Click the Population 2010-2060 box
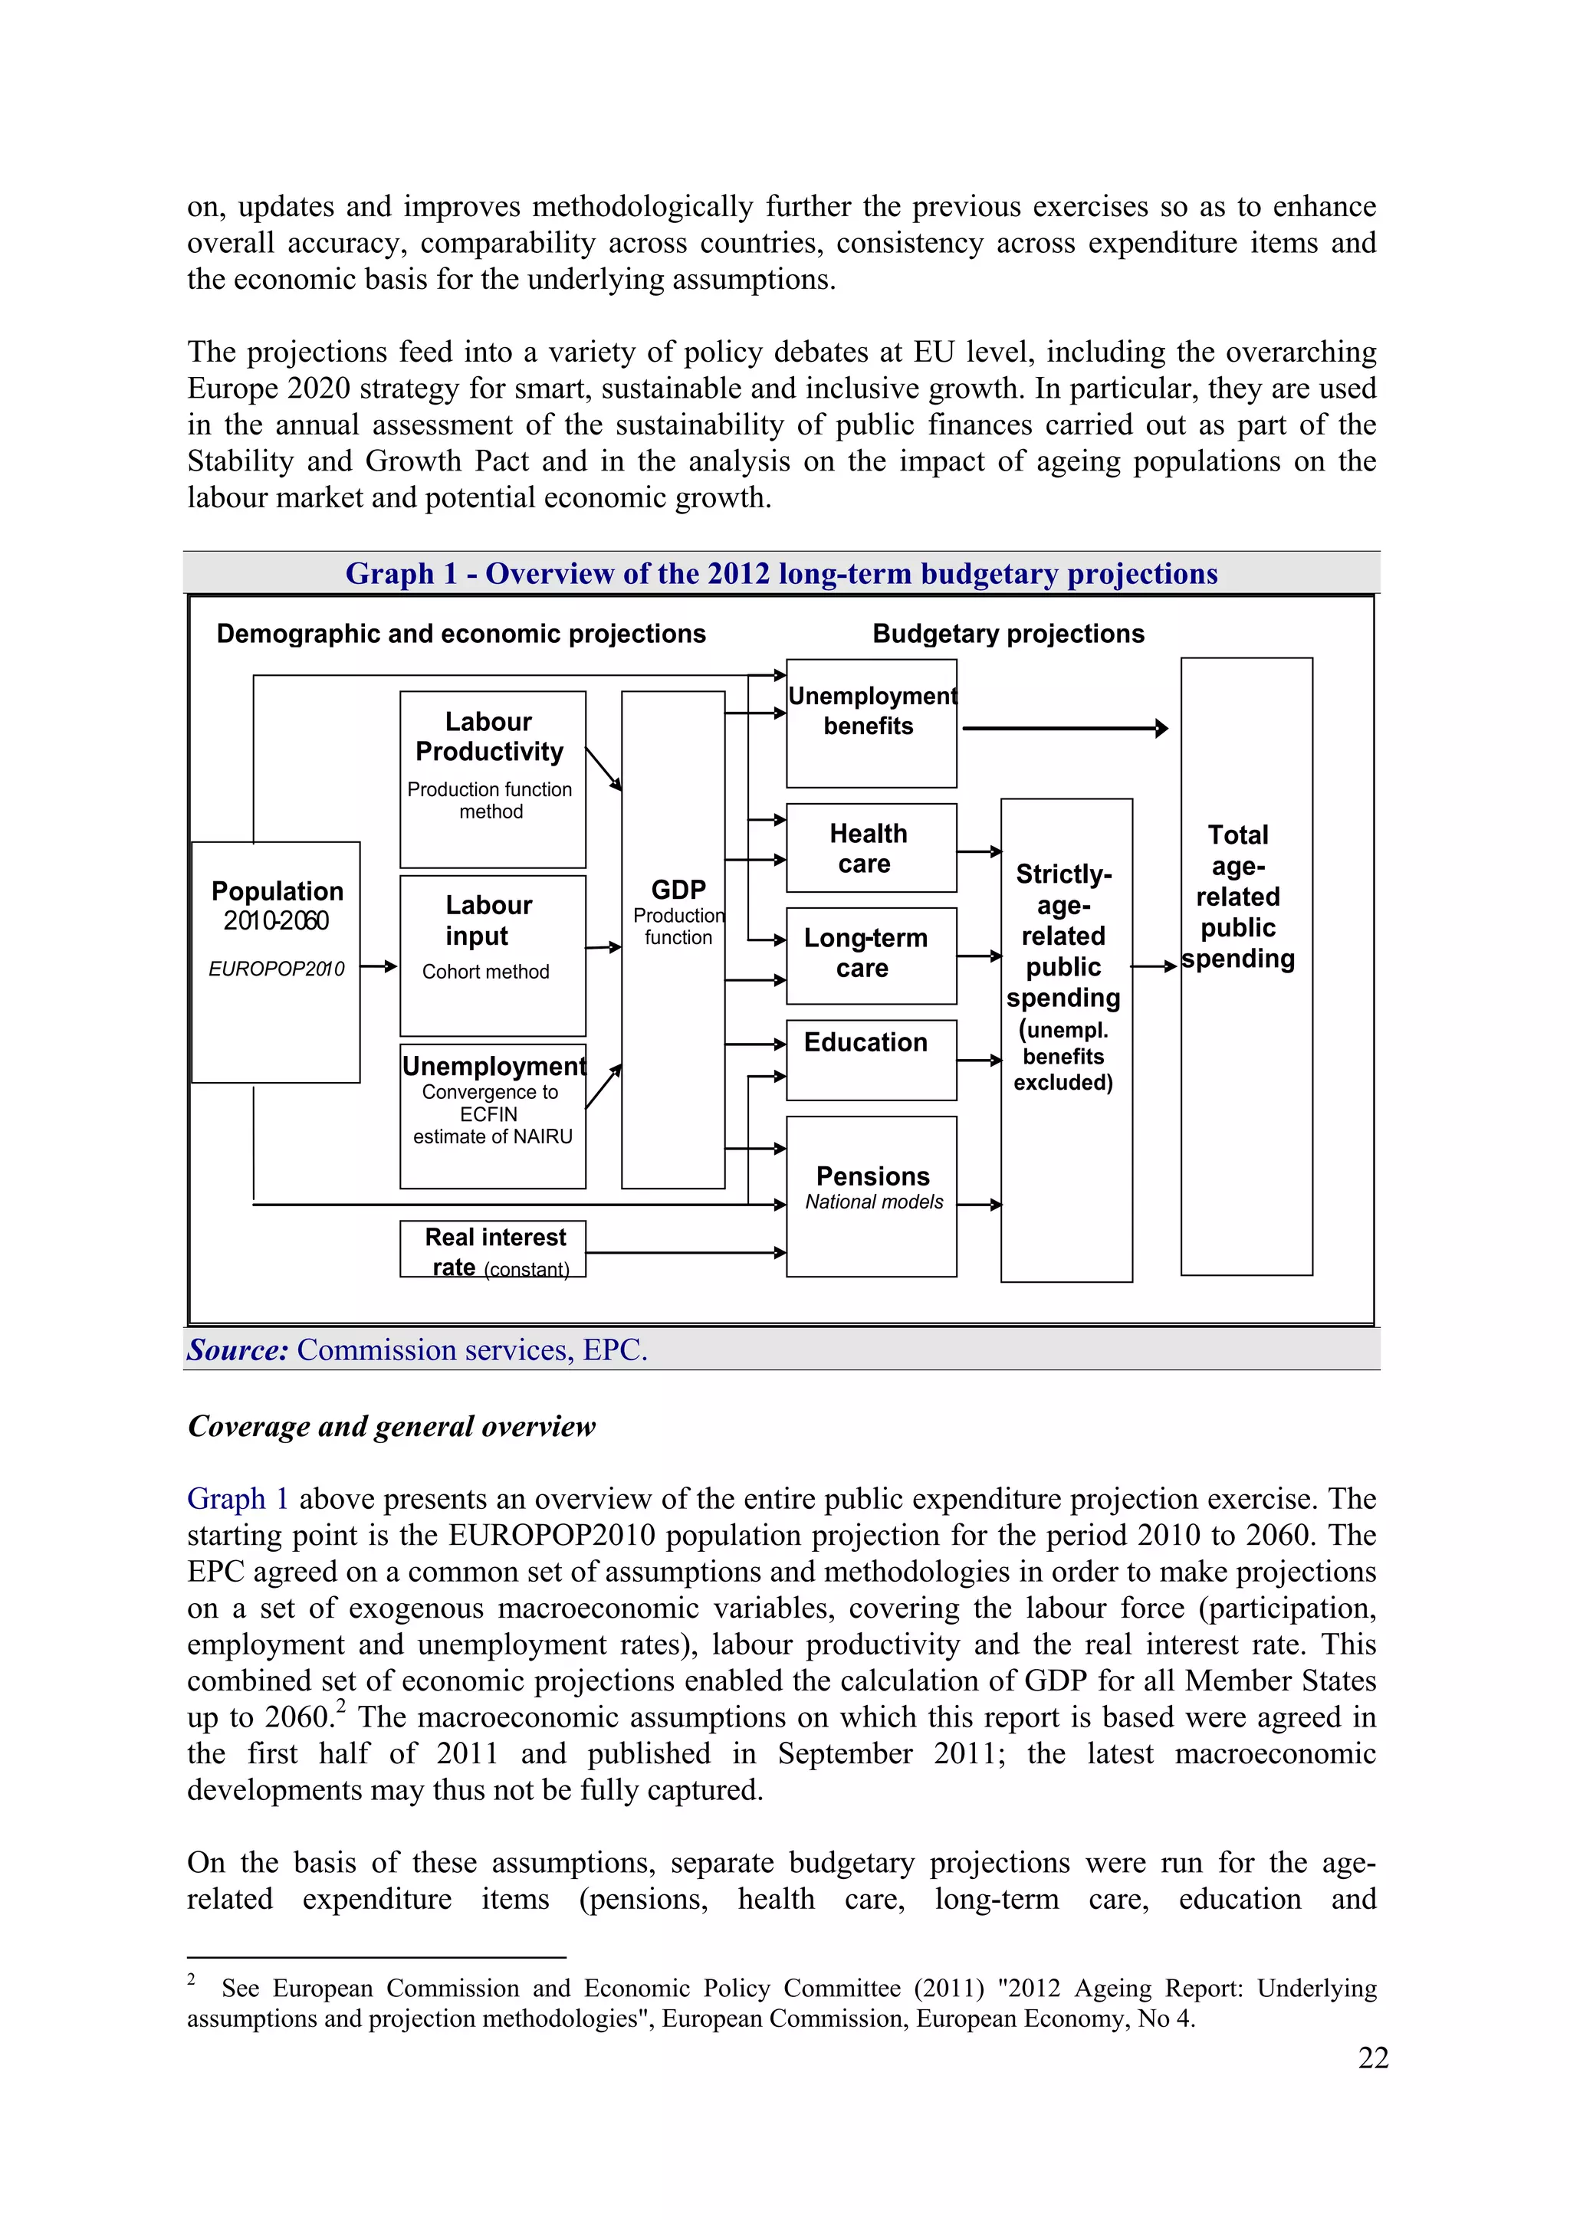tap(276, 961)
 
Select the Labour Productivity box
tap(492, 779)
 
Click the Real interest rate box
tap(492, 1248)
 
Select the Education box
tap(871, 1059)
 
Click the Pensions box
tap(871, 1195)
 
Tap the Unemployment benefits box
tap(871, 723)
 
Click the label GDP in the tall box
tap(678, 890)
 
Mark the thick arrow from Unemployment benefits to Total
tap(1064, 728)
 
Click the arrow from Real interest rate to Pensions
tap(685, 1252)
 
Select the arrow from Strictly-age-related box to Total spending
tap(1154, 965)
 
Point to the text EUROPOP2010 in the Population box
tap(276, 969)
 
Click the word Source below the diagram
tap(238, 1349)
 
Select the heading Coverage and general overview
tap(391, 1426)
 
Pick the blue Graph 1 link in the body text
tap(237, 1499)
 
